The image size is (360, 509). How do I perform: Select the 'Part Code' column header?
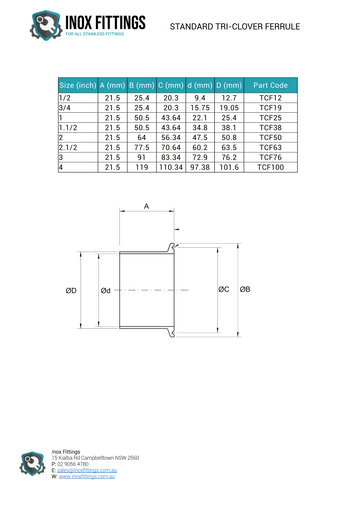(x=270, y=85)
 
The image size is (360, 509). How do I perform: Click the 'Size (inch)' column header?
(x=78, y=85)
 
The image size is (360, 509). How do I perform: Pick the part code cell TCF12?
(x=270, y=99)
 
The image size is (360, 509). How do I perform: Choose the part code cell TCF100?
(x=270, y=168)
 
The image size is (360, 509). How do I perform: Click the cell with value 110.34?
(x=170, y=168)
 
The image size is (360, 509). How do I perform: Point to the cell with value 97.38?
(x=200, y=168)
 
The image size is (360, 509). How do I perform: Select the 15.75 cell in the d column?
(x=200, y=109)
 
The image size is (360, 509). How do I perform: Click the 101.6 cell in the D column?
(x=229, y=168)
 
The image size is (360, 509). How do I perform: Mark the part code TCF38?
(x=270, y=128)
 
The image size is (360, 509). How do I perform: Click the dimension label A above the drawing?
(x=146, y=206)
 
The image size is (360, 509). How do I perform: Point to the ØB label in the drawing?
(x=245, y=290)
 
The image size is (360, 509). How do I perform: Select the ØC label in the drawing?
(x=223, y=290)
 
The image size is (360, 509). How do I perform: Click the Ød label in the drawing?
(x=105, y=291)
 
